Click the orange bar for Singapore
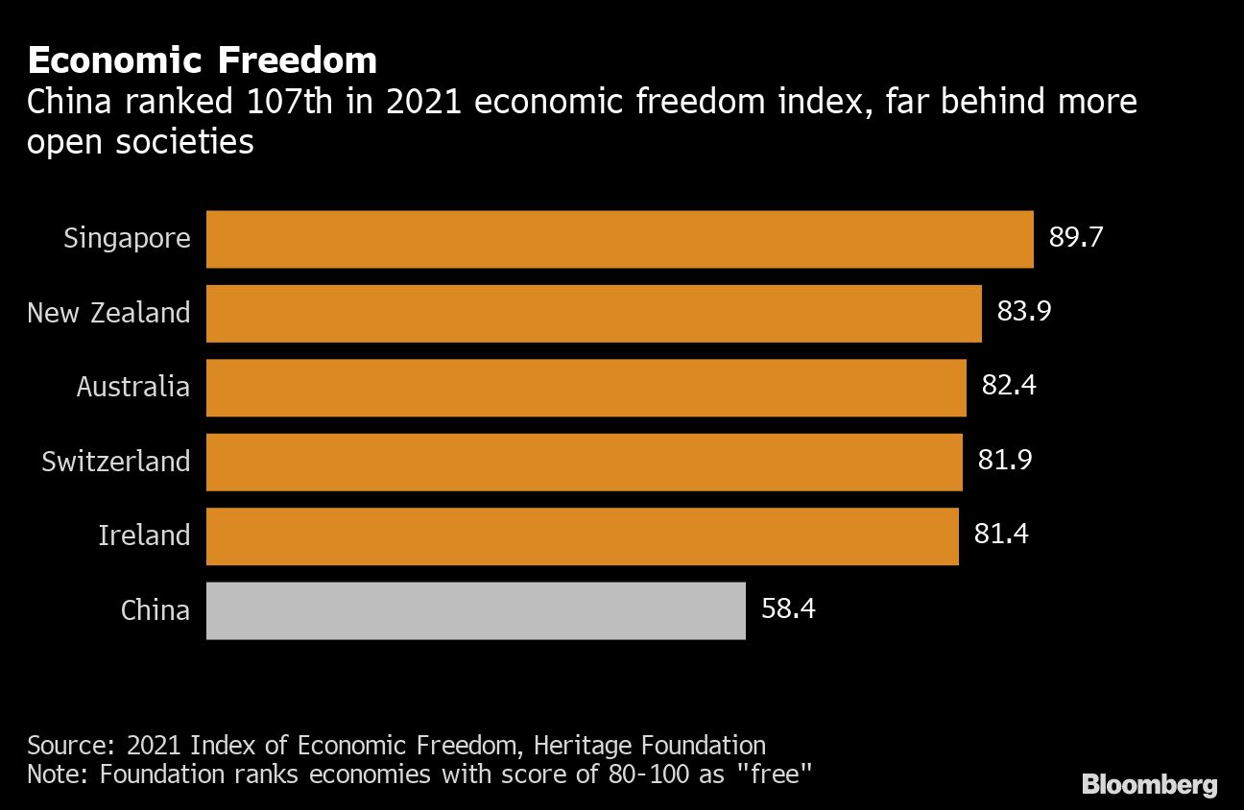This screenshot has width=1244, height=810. [619, 239]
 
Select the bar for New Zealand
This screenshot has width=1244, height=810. [593, 313]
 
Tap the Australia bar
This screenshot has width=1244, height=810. [586, 388]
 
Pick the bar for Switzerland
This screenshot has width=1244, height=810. [584, 462]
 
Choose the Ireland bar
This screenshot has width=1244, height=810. [582, 536]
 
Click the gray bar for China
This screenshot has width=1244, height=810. [475, 610]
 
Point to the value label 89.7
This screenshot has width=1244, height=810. [1076, 238]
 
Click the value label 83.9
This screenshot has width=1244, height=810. [1024, 312]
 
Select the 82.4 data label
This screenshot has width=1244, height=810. [1009, 387]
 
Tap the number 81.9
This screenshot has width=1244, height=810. [1005, 461]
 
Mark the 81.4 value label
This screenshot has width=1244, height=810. [1001, 535]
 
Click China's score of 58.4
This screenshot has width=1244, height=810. [788, 608]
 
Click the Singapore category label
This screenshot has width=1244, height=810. [127, 239]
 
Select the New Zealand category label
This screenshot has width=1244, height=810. [108, 313]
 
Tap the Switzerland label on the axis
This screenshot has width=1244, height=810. [115, 462]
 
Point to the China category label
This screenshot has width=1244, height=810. [155, 609]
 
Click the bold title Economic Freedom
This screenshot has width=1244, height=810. [202, 60]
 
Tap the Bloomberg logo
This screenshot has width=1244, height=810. [1149, 784]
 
